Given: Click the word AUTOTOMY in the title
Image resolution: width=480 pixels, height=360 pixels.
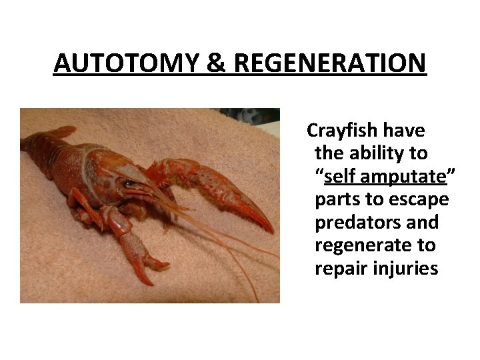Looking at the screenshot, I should (x=125, y=63).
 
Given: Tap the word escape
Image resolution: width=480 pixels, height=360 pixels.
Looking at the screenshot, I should (x=423, y=199).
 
